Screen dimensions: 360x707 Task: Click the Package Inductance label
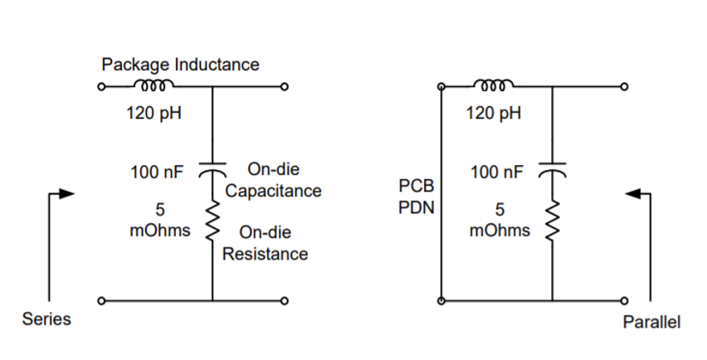(179, 64)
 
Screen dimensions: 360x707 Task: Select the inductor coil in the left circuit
(154, 85)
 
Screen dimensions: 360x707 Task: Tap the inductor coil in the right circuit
(494, 85)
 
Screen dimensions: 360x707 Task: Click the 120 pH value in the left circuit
(154, 113)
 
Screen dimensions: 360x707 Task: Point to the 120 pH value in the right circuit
(494, 113)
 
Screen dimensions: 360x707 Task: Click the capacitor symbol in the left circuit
(212, 168)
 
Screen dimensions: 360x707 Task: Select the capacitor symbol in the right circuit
(552, 168)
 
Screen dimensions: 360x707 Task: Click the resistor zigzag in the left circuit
(212, 219)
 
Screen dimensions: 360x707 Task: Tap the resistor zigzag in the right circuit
(552, 219)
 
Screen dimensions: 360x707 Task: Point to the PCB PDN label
(412, 195)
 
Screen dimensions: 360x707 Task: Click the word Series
(46, 319)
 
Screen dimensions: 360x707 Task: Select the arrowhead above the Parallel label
(632, 194)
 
